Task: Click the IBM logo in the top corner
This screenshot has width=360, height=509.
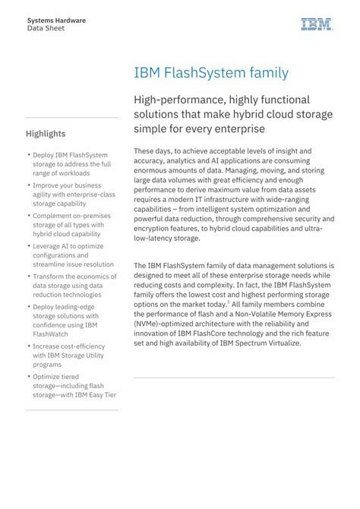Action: [x=316, y=24]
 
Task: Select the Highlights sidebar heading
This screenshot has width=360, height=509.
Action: [x=46, y=134]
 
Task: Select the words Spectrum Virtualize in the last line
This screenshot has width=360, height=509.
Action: [x=267, y=343]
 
